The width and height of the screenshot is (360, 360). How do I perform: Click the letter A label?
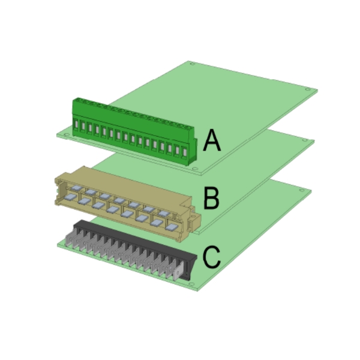pyautogui.click(x=212, y=140)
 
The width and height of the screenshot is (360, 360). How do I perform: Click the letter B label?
pyautogui.click(x=211, y=198)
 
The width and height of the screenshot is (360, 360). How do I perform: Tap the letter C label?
pyautogui.click(x=211, y=257)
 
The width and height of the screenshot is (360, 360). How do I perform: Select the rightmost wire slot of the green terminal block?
pyautogui.click(x=185, y=152)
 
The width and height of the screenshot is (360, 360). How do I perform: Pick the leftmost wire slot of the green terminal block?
pyautogui.click(x=76, y=124)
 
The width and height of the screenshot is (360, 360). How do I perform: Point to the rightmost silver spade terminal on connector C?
pyautogui.click(x=178, y=272)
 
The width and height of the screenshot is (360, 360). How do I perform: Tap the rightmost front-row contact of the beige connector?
pyautogui.click(x=172, y=227)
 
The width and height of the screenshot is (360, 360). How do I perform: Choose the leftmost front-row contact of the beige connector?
pyautogui.click(x=70, y=197)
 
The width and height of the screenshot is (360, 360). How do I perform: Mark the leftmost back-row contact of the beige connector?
pyautogui.click(x=76, y=188)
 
